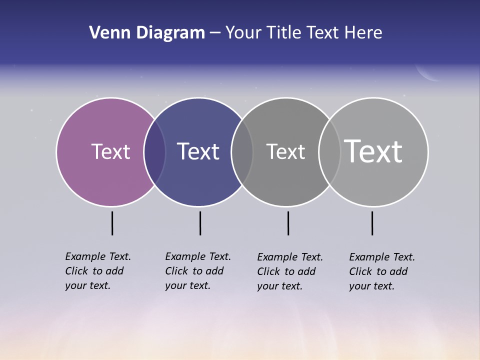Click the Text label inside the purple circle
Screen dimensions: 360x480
coord(110,151)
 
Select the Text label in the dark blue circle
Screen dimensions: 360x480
coord(198,151)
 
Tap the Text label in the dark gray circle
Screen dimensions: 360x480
coord(285,151)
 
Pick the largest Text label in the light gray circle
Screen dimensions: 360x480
coord(373,151)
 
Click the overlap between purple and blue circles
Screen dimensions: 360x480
coord(154,152)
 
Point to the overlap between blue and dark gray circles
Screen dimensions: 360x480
coord(242,152)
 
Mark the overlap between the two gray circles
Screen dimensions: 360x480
coord(329,152)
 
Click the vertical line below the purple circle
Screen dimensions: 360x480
coord(112,223)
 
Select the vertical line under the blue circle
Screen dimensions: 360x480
coord(200,223)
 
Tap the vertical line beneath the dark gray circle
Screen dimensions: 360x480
coord(288,223)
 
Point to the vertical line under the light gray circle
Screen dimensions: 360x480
coord(372,223)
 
